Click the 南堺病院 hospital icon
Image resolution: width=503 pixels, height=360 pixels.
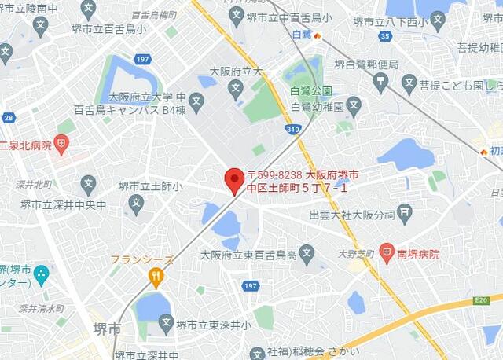(x=386, y=254)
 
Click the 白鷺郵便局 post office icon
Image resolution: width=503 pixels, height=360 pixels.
(x=382, y=80)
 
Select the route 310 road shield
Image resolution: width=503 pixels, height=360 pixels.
(x=292, y=127)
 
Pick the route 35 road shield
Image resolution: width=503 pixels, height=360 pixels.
(x=384, y=35)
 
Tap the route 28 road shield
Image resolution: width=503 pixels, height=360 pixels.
(x=8, y=118)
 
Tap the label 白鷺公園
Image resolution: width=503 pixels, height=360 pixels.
(x=310, y=90)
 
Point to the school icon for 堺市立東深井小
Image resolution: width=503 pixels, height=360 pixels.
(x=166, y=322)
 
